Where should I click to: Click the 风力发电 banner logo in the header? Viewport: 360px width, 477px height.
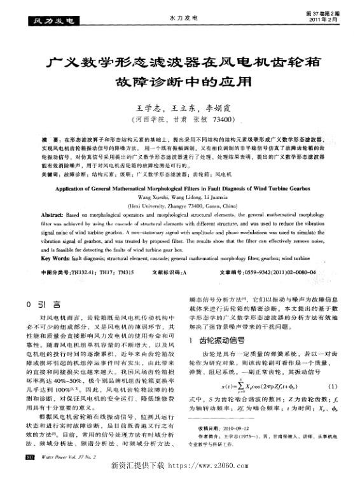point(48,21)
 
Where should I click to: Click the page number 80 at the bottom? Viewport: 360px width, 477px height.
point(30,457)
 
